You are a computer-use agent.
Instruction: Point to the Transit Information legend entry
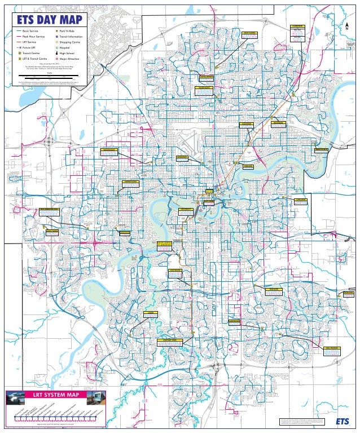click(71, 37)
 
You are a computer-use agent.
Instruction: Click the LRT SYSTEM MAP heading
click(55, 394)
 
